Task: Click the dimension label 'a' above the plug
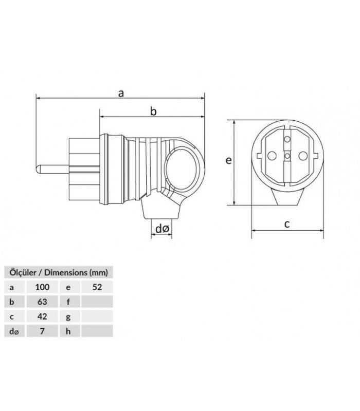point(121,93)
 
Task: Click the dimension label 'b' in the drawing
point(153,111)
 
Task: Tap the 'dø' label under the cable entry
point(162,228)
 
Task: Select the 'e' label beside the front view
point(229,161)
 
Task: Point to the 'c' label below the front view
point(287,223)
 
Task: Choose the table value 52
point(97,287)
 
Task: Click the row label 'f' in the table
point(68,302)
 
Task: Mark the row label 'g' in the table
point(68,316)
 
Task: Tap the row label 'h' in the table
point(68,331)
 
